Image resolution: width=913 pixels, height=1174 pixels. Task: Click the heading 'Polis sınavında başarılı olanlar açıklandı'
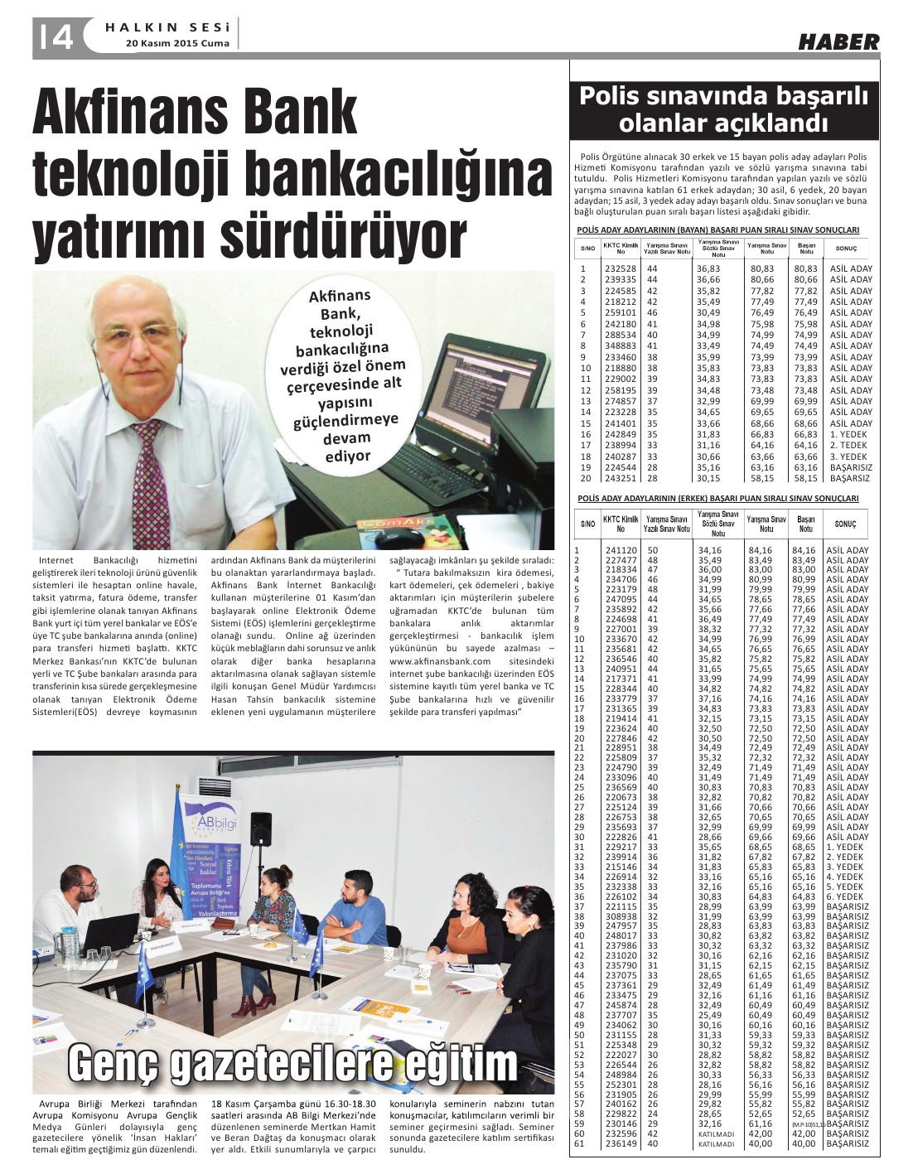723,109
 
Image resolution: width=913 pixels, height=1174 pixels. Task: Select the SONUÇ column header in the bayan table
846,248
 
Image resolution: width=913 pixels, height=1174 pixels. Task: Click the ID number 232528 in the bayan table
620,268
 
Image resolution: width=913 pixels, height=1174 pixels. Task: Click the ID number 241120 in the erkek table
621,550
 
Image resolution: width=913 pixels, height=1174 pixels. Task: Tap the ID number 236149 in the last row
621,1143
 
